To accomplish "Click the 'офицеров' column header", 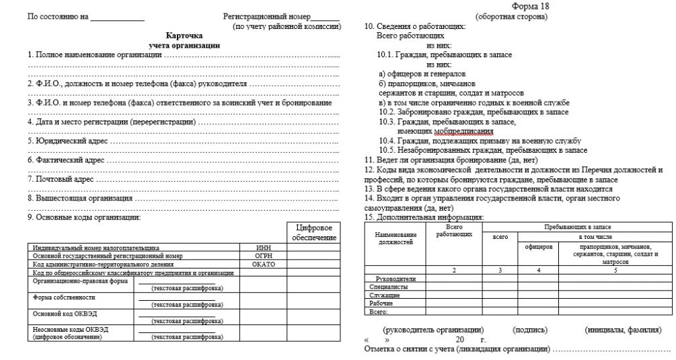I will [x=539, y=247].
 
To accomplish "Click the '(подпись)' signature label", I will [x=530, y=330].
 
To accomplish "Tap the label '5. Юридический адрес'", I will [x=67, y=142].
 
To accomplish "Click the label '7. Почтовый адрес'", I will [x=60, y=180].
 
